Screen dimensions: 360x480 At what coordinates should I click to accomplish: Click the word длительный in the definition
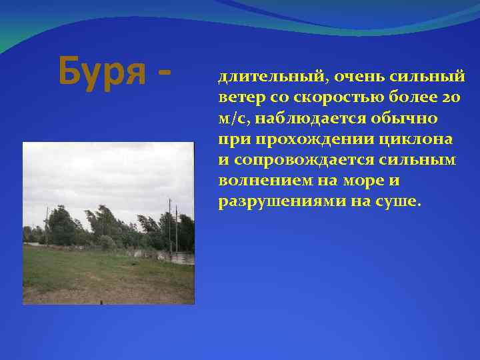tap(259, 77)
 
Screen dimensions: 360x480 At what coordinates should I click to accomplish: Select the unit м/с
tap(231, 119)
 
